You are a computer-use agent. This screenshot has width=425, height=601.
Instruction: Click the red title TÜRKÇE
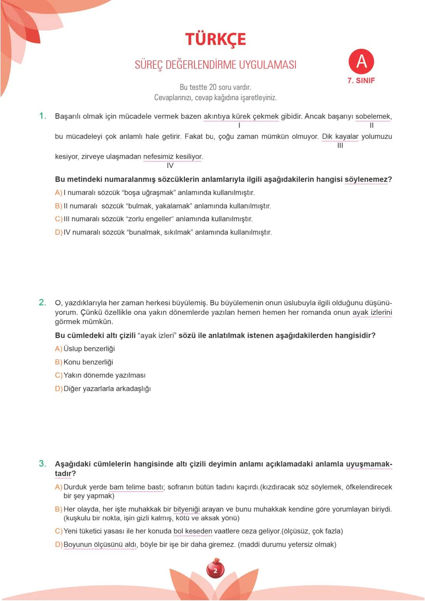215,39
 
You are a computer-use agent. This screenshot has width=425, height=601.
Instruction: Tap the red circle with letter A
361,62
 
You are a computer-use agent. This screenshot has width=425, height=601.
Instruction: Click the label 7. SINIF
361,80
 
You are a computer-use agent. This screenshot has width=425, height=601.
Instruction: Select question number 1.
42,116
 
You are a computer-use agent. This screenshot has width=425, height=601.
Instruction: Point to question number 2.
42,302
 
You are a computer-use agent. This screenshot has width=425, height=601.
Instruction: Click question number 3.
42,463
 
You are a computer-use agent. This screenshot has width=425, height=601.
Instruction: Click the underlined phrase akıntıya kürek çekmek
241,117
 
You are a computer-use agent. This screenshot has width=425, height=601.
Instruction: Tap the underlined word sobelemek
373,117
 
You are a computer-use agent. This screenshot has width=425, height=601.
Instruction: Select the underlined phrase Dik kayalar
340,137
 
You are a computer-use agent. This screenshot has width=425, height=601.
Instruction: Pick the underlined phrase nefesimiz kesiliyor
173,157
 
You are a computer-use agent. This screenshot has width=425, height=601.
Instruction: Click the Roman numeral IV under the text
170,166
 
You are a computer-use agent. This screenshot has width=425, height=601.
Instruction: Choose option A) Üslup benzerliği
85,349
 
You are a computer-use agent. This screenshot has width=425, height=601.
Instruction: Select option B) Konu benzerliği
84,362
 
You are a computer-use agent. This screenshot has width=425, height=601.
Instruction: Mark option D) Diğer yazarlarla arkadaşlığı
103,389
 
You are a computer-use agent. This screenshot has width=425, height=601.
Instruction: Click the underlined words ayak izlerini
372,313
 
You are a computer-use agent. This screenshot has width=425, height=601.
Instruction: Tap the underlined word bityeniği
187,509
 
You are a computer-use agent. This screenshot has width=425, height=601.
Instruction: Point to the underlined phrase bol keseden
193,531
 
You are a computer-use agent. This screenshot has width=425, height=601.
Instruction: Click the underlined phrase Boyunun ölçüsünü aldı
100,545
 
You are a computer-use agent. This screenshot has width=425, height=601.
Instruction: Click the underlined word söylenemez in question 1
366,179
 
